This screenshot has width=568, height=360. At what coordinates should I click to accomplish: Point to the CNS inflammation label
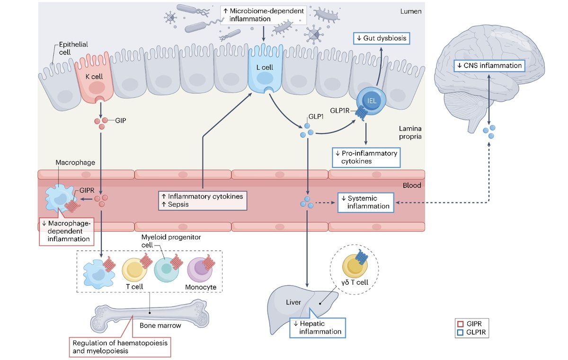489,65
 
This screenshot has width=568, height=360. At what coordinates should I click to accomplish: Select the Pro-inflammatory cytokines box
365,157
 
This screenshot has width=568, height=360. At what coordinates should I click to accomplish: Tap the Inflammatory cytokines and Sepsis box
202,200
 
